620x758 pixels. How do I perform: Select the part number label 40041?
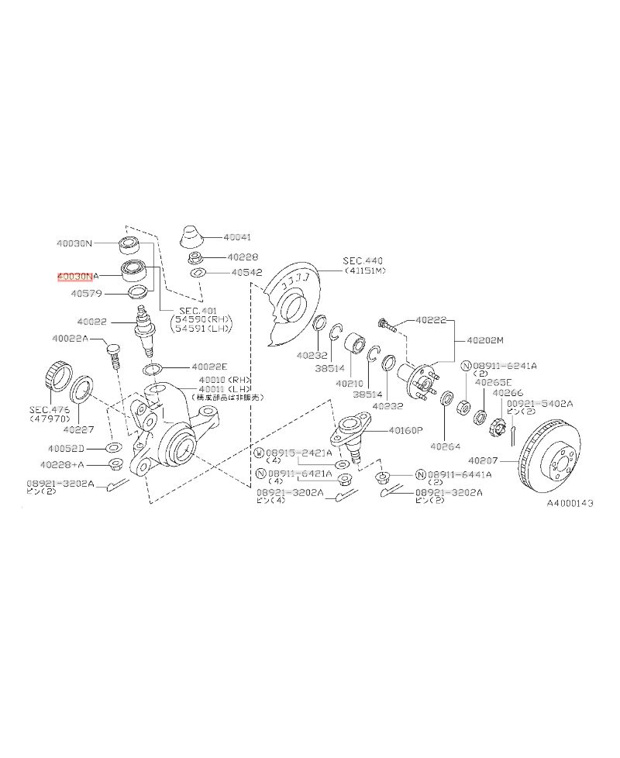click(236, 237)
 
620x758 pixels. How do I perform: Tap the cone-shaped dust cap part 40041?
click(191, 236)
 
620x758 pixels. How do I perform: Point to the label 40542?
click(247, 273)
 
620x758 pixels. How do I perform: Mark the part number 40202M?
click(484, 339)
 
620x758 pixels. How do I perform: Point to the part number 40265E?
click(494, 382)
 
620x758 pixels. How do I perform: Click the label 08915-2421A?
click(299, 452)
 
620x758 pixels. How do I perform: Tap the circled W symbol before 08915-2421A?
click(260, 452)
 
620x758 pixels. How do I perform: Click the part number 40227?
click(78, 429)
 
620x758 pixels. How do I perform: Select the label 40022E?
click(209, 367)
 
